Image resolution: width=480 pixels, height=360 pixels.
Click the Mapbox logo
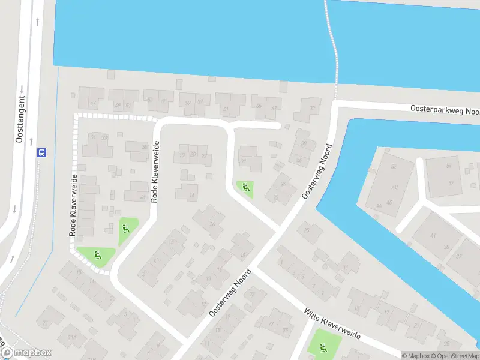[26, 353]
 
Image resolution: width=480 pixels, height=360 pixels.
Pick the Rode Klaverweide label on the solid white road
[155, 171]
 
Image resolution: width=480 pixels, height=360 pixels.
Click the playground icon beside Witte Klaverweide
[323, 347]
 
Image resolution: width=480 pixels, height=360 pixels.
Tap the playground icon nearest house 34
[245, 188]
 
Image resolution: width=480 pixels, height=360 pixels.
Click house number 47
[93, 103]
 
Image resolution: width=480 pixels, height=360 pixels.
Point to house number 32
[312, 109]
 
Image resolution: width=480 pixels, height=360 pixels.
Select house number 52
[394, 166]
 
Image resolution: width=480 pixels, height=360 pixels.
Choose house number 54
[448, 166]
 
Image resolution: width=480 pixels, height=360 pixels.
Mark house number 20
[193, 154]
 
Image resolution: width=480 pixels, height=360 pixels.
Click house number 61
[226, 109]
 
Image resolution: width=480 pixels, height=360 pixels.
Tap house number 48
[395, 187]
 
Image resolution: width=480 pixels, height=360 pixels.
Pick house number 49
[116, 104]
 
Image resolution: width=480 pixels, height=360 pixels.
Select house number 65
[259, 107]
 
